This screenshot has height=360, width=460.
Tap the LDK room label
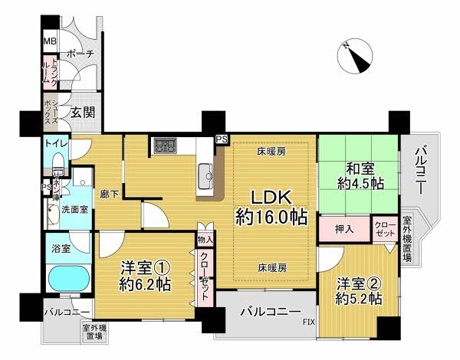pos(271,208)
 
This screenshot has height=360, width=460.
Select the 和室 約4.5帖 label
pos(360,176)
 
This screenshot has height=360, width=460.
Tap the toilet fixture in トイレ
pos(58,165)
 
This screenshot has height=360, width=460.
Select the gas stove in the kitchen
pos(165,145)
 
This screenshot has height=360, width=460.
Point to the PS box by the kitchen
pos(222,139)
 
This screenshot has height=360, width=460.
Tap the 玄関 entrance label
pos(83,112)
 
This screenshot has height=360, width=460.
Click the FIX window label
pos(308,322)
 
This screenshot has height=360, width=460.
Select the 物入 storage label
pos(204,241)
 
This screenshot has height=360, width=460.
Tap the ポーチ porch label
pos(80,54)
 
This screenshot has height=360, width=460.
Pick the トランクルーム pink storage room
pos(50,74)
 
